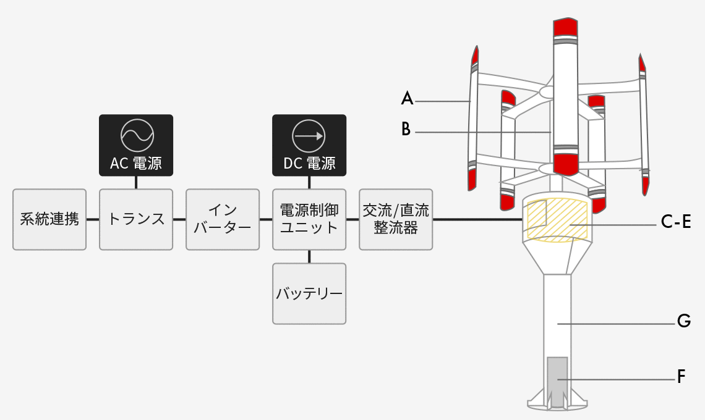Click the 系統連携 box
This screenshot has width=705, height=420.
(x=49, y=219)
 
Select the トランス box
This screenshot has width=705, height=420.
(x=136, y=219)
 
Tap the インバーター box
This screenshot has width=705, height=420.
(x=223, y=219)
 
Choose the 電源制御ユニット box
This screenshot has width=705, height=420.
(x=309, y=219)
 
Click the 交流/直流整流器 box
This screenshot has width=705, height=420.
(x=396, y=219)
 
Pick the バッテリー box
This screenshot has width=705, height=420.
(x=309, y=294)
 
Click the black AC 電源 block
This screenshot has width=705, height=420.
(x=136, y=145)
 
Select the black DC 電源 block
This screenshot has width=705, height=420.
(x=309, y=145)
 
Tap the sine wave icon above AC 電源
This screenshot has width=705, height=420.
(x=137, y=135)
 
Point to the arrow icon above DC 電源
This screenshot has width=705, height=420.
(x=309, y=136)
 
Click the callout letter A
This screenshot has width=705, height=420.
(x=407, y=98)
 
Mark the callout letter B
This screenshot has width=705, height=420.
(x=406, y=129)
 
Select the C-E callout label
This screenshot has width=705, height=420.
(x=676, y=222)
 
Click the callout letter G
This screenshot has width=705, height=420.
(x=683, y=321)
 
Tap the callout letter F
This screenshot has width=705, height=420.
(x=681, y=376)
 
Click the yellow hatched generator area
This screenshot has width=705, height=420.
(x=558, y=220)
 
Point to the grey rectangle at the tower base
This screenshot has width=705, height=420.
(x=558, y=382)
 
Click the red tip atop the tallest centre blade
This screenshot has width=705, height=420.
(x=566, y=27)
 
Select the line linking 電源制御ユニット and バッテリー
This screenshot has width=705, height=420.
(x=309, y=256)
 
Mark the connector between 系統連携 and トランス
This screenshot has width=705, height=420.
(x=93, y=219)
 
